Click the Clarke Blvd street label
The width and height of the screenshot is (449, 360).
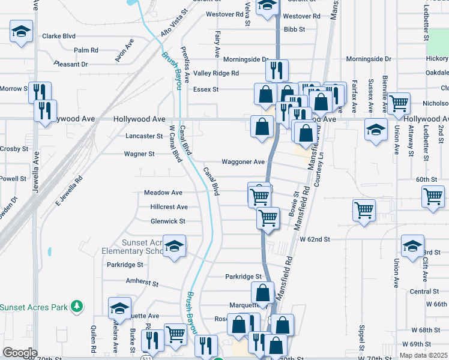(x=58, y=36)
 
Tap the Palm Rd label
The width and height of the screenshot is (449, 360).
(x=86, y=50)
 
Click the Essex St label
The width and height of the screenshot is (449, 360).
(x=205, y=89)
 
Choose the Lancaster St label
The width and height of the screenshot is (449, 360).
(x=144, y=136)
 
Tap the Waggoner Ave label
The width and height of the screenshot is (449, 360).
(x=243, y=162)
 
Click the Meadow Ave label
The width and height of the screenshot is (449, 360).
(x=163, y=193)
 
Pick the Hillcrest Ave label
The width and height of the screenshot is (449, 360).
(x=169, y=207)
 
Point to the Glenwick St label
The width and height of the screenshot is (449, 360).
(x=168, y=221)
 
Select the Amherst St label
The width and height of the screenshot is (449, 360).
(x=142, y=281)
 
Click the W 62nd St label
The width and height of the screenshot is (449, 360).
(x=315, y=239)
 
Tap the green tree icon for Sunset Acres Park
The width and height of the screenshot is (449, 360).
(x=76, y=307)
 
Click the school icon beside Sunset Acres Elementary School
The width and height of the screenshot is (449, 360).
(x=175, y=247)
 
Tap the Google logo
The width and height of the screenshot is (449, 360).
(x=20, y=353)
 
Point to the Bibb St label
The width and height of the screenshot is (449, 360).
(x=295, y=29)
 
